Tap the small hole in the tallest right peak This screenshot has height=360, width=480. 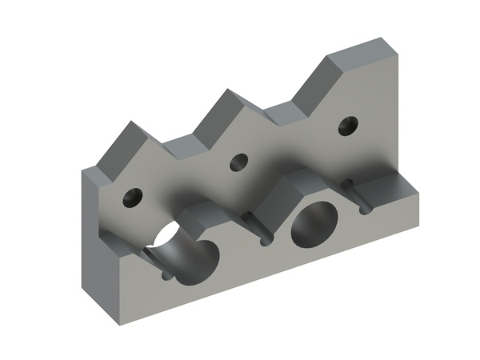347,125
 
